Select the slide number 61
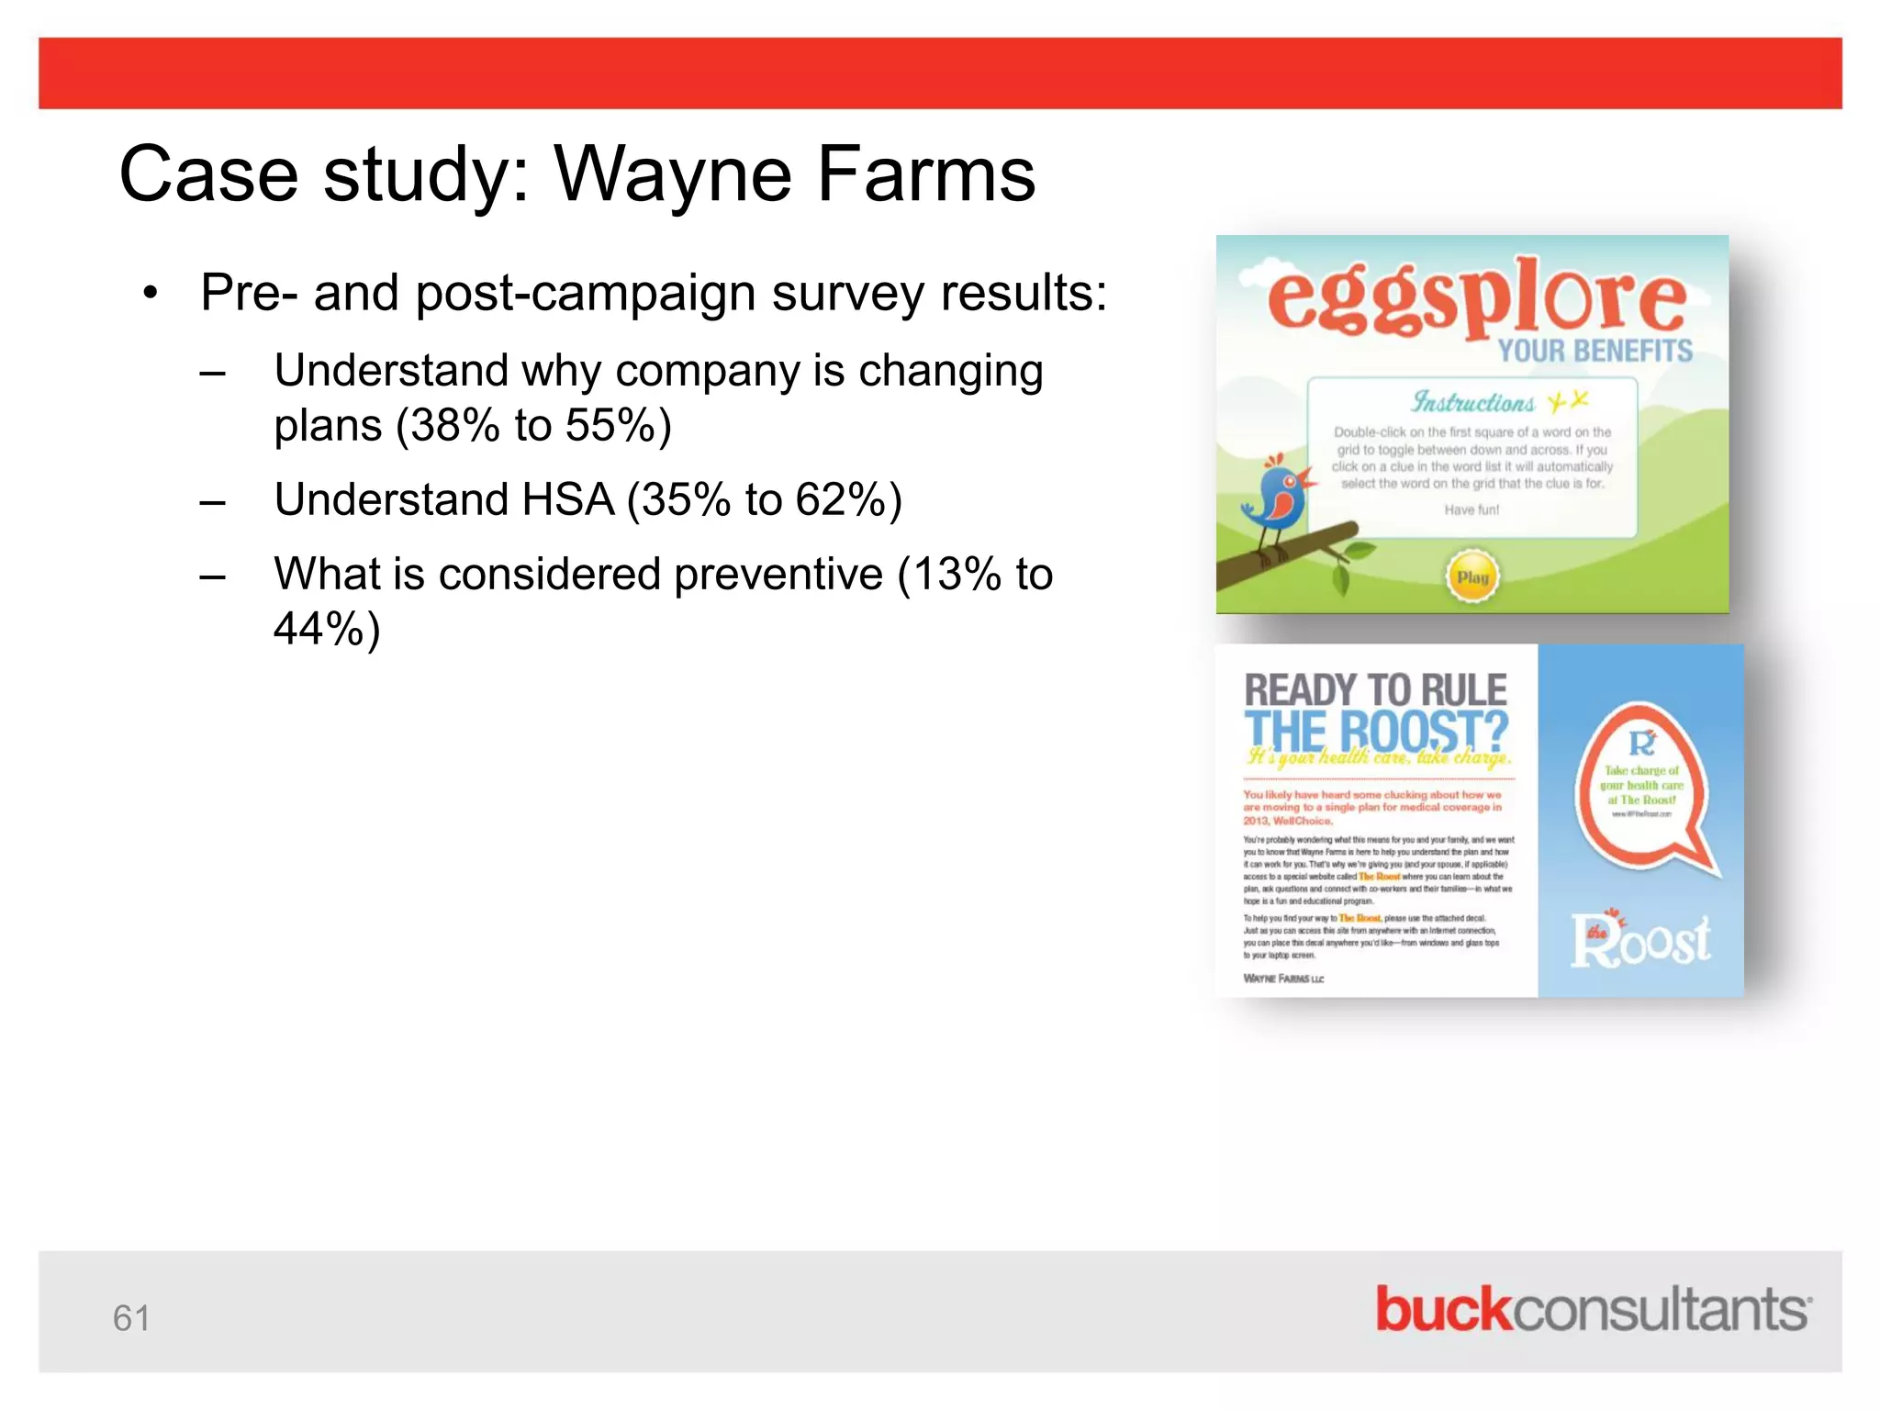click(x=131, y=1318)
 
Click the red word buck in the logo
click(x=1442, y=1309)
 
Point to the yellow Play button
click(x=1472, y=577)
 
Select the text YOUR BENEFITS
click(x=1595, y=351)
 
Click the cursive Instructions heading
click(x=1472, y=403)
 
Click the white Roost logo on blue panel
click(x=1640, y=941)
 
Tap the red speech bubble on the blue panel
click(x=1642, y=789)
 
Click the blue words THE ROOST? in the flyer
click(x=1375, y=731)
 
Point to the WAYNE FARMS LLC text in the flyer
click(x=1283, y=979)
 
